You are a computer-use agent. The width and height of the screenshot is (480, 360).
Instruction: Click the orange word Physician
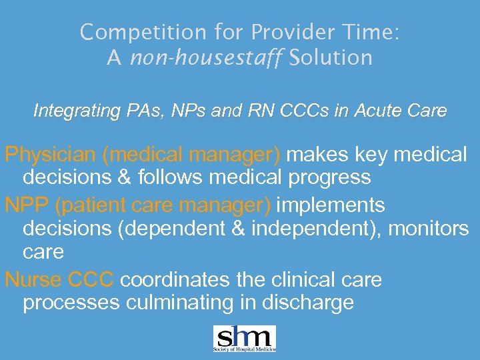click(51, 155)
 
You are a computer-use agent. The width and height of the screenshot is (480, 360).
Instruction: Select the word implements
click(330, 205)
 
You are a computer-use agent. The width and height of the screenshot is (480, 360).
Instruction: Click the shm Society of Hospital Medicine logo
click(244, 338)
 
